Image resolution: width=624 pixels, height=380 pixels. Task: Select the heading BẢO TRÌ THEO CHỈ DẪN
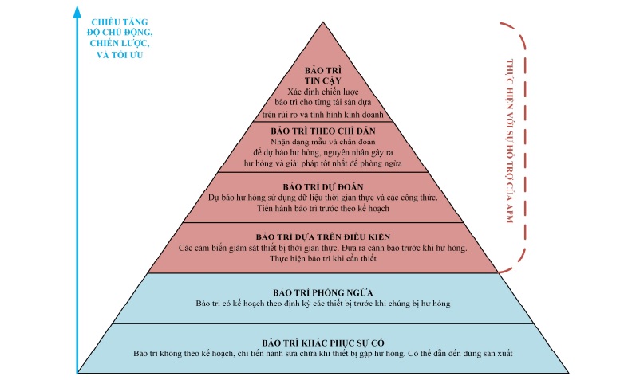[323, 129]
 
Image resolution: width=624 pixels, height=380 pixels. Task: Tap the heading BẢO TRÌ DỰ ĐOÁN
[323, 185]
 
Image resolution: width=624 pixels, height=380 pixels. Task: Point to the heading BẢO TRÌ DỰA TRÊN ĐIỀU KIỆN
[322, 237]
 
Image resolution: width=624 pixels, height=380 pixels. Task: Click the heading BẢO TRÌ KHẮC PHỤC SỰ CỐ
[323, 341]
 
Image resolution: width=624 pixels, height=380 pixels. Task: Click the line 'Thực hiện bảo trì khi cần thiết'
[322, 259]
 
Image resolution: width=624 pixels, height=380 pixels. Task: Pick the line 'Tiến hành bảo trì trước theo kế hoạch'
[322, 207]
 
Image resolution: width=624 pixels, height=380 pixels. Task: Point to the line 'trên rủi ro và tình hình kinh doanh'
[323, 115]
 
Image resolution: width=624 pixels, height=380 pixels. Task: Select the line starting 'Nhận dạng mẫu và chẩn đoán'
[323, 140]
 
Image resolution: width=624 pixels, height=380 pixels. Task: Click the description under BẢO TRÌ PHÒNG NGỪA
[323, 304]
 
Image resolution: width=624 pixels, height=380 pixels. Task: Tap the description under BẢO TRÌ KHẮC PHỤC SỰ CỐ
[323, 352]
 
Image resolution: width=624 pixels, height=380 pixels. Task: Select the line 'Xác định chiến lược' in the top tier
[323, 92]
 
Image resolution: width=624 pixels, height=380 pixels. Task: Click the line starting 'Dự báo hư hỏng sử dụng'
[323, 196]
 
